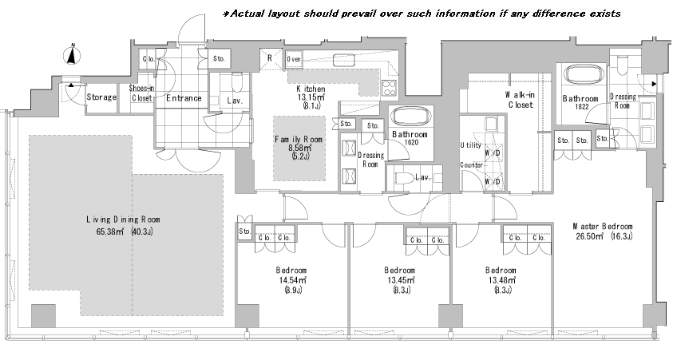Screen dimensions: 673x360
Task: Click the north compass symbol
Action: click(73, 54)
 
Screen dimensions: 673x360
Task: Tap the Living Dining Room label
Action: click(123, 220)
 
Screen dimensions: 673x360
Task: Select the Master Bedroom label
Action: click(603, 226)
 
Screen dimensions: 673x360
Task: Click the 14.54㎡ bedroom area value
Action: click(291, 279)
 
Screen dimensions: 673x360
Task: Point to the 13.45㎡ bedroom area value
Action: click(399, 279)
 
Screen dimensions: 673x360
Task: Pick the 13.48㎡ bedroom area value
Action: click(501, 279)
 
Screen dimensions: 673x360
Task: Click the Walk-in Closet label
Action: click(521, 100)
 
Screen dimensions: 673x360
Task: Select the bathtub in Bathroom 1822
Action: click(581, 76)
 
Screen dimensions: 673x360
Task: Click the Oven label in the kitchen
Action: click(294, 59)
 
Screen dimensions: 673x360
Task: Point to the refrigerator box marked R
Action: click(271, 58)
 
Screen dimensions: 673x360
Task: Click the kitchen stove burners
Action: click(390, 88)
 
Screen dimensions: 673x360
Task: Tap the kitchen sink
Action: click(344, 60)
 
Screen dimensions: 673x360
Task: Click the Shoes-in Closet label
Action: click(141, 93)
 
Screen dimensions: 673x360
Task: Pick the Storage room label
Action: click(101, 97)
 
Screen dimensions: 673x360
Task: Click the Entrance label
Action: click(184, 98)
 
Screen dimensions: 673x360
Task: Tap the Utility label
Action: click(471, 145)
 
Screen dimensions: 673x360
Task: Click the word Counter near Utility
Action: click(472, 164)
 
